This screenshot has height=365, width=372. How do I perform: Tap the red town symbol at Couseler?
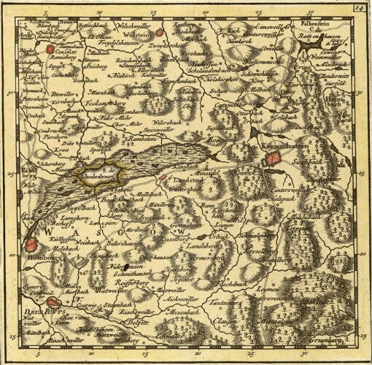point(50,50)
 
